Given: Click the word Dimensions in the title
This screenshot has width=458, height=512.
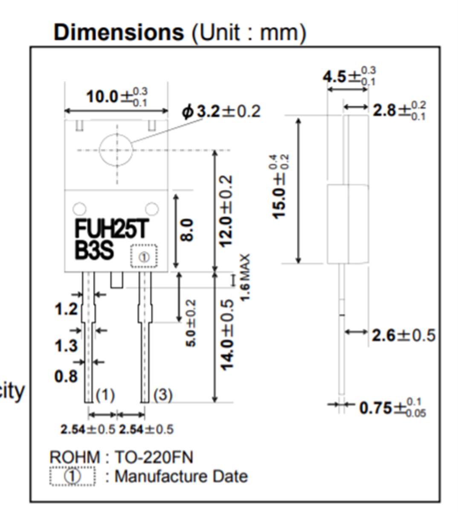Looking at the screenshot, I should [118, 32].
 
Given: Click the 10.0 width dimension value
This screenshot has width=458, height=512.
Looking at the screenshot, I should [102, 97].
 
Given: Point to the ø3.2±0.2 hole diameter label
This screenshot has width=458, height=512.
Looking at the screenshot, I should [221, 111].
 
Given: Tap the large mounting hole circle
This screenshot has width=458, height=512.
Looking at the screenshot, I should [116, 150].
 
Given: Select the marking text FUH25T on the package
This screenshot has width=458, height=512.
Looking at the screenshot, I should [112, 229].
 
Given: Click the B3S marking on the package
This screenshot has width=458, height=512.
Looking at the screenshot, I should [94, 251].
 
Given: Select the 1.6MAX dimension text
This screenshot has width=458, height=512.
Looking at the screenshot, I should [245, 277].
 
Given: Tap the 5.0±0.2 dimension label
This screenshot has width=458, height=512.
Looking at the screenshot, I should [191, 323].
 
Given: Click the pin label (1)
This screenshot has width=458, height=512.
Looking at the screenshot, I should [105, 395].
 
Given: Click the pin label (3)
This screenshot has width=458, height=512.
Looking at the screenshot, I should [162, 395].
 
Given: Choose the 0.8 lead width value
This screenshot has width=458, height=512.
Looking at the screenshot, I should [66, 377].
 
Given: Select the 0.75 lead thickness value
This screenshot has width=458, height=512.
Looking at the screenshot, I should [375, 408].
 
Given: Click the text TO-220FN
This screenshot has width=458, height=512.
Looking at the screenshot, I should [154, 457].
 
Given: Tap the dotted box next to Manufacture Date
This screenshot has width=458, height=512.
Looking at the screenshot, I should [72, 476].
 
